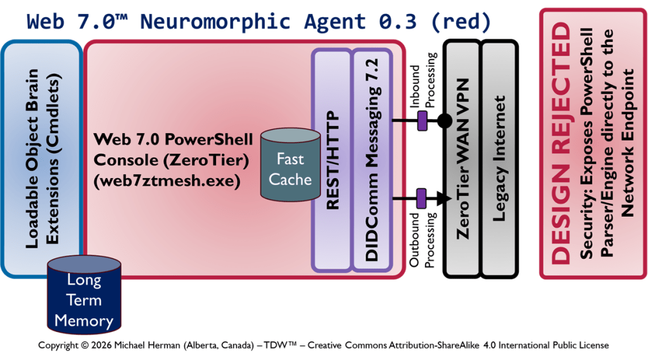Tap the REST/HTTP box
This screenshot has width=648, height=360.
331,160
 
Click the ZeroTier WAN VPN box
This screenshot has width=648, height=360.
462,158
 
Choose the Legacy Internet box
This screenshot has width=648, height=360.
500,158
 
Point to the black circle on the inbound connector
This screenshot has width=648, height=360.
445,120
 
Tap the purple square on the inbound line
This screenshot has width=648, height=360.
421,120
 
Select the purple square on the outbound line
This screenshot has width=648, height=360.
421,199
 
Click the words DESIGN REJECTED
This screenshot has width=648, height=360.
561,143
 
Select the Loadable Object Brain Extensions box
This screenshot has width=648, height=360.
42,158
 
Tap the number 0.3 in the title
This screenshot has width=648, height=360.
393,21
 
